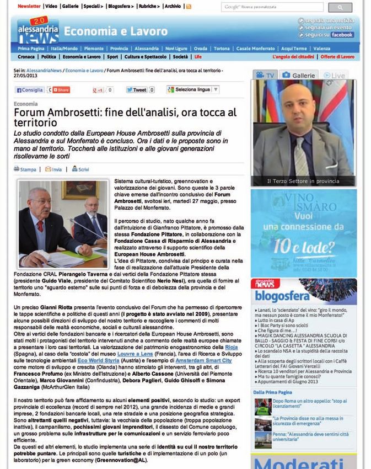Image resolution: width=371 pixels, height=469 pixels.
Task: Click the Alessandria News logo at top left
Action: point(37,30)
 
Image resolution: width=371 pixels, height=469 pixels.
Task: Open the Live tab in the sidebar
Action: point(336,75)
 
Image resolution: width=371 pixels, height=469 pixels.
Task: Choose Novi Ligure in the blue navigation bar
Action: point(176,49)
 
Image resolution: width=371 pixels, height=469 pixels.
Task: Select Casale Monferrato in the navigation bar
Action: point(256,49)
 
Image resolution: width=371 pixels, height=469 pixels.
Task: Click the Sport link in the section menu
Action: point(112,57)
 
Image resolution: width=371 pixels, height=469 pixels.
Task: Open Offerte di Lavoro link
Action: point(337,57)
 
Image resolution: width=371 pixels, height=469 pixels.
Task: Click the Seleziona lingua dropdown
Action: point(193,89)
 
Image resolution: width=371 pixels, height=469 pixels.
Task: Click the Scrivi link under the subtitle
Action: point(80,169)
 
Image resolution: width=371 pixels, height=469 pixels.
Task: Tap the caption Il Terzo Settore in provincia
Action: point(304,180)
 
